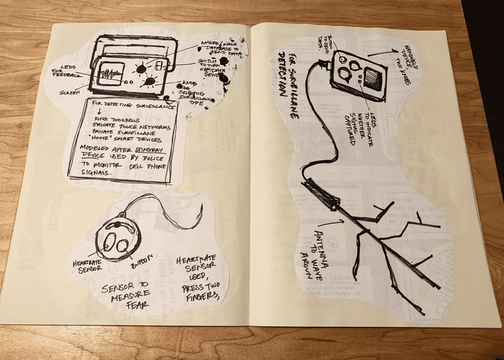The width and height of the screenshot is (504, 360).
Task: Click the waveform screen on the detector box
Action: click(x=110, y=74)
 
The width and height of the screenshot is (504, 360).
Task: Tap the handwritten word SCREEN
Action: click(x=69, y=92)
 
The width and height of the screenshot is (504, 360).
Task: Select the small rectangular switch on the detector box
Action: click(x=159, y=65)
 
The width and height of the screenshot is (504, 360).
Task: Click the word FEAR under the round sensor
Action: click(x=138, y=305)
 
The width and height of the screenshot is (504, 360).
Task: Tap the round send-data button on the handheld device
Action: click(x=344, y=60)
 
